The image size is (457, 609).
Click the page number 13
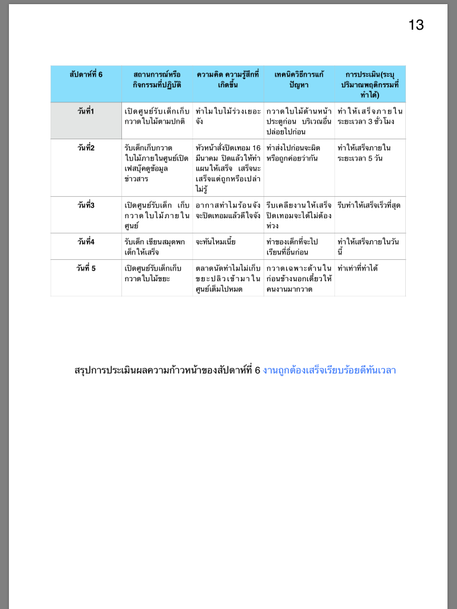point(416,25)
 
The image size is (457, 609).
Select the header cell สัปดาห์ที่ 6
point(86,75)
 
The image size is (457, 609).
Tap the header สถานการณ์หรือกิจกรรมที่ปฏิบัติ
point(157,80)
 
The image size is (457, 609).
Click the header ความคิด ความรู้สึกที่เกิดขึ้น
point(228,80)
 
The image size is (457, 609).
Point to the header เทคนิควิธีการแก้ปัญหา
point(299,80)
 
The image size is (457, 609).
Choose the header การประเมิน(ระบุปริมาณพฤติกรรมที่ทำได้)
point(370,84)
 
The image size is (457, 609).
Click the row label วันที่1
point(86,111)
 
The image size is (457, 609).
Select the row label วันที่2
point(86,148)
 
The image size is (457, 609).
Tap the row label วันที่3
point(86,205)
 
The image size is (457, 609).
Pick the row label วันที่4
point(86,242)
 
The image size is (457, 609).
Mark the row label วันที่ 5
point(86,268)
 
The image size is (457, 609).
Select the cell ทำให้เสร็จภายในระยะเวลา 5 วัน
point(370,153)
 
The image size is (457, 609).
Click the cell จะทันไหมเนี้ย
point(220,242)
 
